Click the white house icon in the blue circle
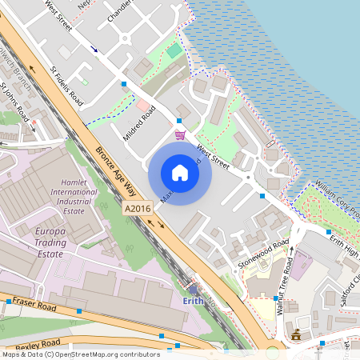[180, 172]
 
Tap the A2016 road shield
[138, 208]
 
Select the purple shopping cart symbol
[181, 134]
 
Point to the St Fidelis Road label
[66, 86]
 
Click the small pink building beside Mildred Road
[142, 106]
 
